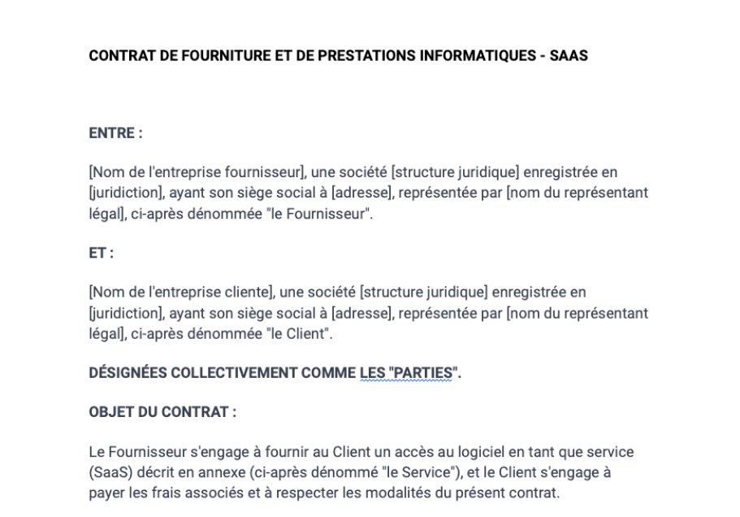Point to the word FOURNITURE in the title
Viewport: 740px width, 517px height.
click(x=225, y=56)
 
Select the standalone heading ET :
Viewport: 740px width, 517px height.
click(x=101, y=254)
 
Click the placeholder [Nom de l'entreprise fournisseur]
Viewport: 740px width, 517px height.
click(x=197, y=172)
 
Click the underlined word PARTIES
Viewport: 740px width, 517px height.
click(x=422, y=373)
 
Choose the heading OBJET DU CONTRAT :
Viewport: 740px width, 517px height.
click(x=162, y=412)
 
